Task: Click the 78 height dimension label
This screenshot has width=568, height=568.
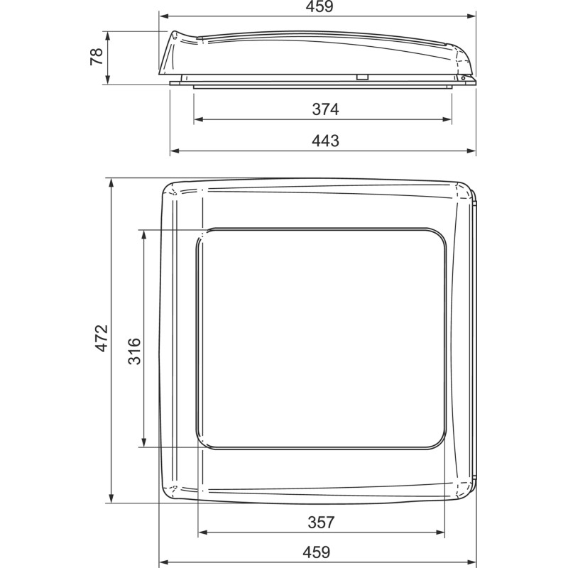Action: (x=97, y=58)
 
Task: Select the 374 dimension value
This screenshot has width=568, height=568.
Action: (x=325, y=109)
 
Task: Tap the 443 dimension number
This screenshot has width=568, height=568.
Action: (x=325, y=141)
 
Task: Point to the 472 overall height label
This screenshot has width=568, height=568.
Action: (x=102, y=338)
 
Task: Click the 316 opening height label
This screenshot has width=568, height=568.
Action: (x=134, y=351)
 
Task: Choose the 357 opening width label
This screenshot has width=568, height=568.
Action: (x=321, y=522)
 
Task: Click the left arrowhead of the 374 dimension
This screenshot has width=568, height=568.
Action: (x=198, y=119)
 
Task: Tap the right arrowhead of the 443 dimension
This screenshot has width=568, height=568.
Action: (x=471, y=151)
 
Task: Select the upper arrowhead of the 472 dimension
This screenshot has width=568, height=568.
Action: (x=111, y=183)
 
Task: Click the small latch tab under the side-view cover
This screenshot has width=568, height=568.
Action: (x=362, y=77)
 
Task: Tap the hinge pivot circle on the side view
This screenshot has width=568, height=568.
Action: (x=463, y=78)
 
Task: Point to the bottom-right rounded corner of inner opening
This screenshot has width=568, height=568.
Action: (x=442, y=442)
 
